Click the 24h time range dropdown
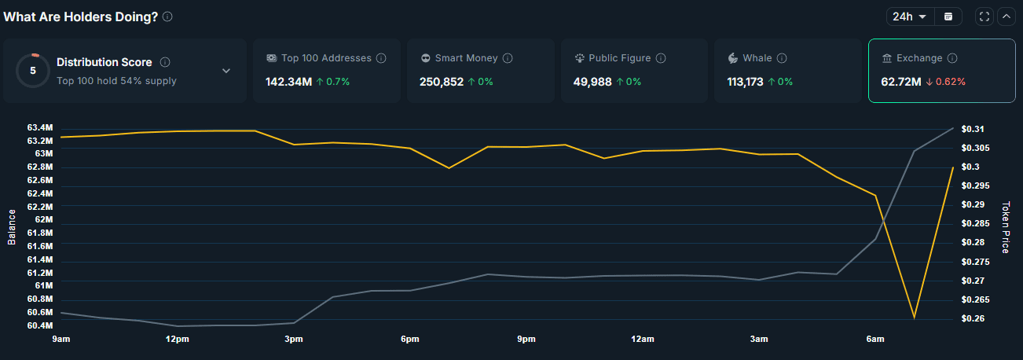pos(908,17)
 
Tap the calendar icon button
pos(948,17)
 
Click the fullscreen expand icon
pos(984,17)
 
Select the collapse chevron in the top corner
pos(1006,17)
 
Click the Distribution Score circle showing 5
pos(33,70)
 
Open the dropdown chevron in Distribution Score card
pos(226,71)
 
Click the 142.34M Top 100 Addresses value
pos(288,81)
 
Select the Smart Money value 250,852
pos(442,81)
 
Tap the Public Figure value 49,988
pos(592,81)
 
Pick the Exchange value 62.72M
pos(900,81)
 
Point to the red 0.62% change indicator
pos(945,81)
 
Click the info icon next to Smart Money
pos(508,58)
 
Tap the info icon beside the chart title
pos(167,17)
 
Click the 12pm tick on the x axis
pos(177,339)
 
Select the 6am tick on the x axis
pos(874,339)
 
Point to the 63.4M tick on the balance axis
pos(39,127)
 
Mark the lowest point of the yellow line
pos(914,318)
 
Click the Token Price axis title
pos(1006,227)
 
